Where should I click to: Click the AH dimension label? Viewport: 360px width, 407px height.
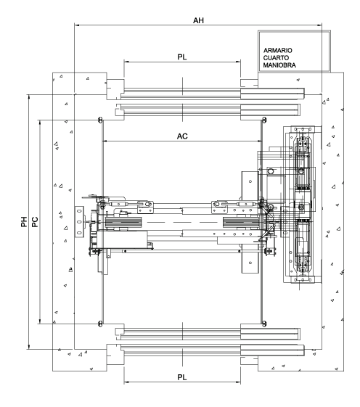coord(198,20)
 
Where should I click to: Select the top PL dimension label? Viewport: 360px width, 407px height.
coord(182,57)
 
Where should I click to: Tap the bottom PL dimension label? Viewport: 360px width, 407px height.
coord(182,377)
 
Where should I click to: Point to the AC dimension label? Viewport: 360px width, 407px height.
coord(182,136)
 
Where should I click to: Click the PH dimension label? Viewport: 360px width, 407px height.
coord(24,222)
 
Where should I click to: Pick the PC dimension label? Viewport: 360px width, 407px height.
coord(35,222)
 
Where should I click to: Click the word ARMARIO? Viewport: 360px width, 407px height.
coord(278,50)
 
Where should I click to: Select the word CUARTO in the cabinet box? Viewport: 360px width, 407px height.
coord(276,57)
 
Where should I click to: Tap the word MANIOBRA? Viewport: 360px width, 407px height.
coord(279,65)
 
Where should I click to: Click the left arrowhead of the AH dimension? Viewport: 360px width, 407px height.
coord(76,25)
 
